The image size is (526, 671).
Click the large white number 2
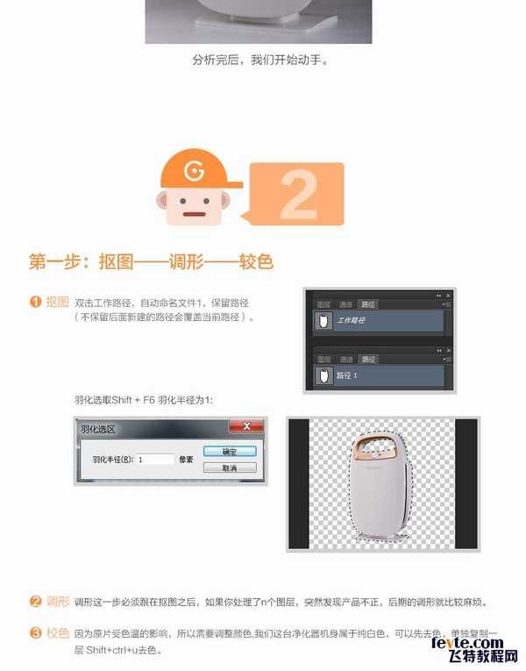coord(298,196)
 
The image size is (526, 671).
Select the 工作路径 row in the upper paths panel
coord(379,321)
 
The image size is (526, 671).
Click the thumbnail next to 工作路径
coord(322,321)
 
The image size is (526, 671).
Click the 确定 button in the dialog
coord(229,451)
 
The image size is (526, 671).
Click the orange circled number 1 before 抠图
coord(35,302)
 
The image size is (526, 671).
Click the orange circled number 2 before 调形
coord(35,602)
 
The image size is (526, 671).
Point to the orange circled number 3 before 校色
coord(35,632)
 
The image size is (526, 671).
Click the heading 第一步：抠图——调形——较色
coord(151,261)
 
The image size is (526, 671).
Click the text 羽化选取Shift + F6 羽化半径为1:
coord(144,399)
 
